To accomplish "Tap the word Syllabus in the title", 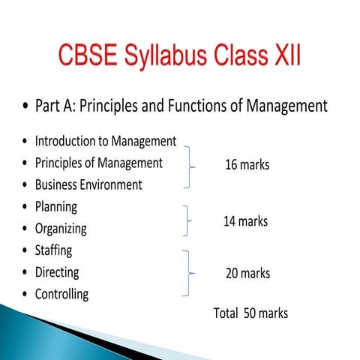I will pyautogui.click(x=171, y=58).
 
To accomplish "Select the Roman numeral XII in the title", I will pyautogui.click(x=284, y=58).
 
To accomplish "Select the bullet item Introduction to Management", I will pyautogui.click(x=106, y=141).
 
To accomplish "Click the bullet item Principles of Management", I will pyautogui.click(x=98, y=163).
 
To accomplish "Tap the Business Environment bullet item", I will pyautogui.click(x=88, y=184).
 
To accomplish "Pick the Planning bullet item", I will pyautogui.click(x=56, y=206).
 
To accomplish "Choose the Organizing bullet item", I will pyautogui.click(x=61, y=229).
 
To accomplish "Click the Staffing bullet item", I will pyautogui.click(x=53, y=250).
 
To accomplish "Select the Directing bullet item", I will pyautogui.click(x=57, y=272).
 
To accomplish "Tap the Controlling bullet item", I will pyautogui.click(x=61, y=294).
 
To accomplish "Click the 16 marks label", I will pyautogui.click(x=247, y=165).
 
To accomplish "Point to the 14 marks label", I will pyautogui.click(x=245, y=221).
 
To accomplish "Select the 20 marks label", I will pyautogui.click(x=247, y=274).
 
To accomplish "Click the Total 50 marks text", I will pyautogui.click(x=250, y=313).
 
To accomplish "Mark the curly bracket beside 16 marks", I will pyautogui.click(x=190, y=166).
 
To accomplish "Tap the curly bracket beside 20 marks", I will pyautogui.click(x=190, y=273).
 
